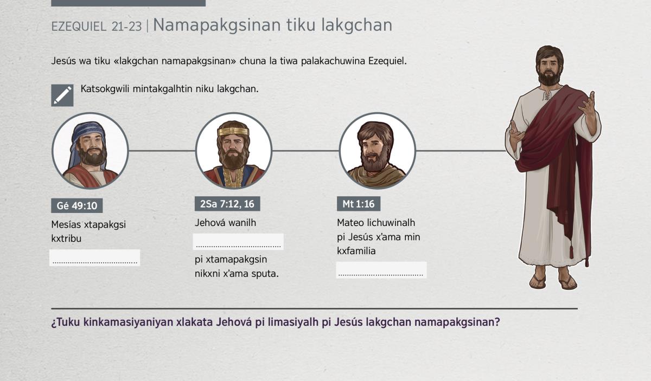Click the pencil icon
[62, 95]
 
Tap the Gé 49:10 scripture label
[76, 205]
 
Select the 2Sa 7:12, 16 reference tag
[227, 204]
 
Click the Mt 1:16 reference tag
[359, 204]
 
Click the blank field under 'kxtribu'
[95, 257]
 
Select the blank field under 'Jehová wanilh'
[238, 242]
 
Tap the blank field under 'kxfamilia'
[381, 270]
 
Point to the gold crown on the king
[233, 131]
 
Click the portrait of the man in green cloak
[378, 151]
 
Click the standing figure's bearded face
[549, 69]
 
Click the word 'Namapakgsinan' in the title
[217, 25]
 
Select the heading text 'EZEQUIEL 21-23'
[97, 27]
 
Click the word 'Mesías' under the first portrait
[66, 224]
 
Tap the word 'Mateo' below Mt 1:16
[350, 223]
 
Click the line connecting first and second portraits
[162, 151]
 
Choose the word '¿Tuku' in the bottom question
[66, 322]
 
